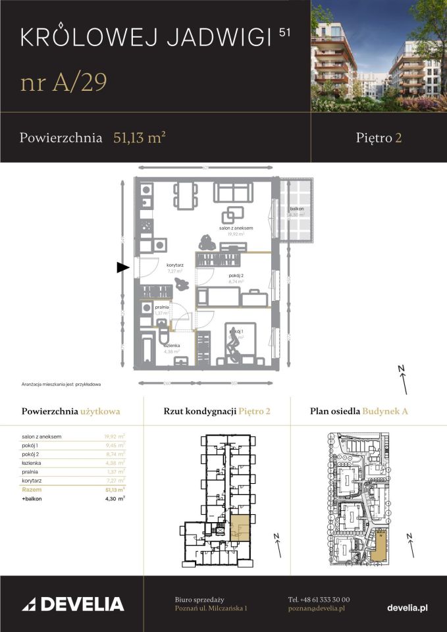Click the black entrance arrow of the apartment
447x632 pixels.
coord(122,267)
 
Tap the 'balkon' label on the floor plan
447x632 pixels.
coord(296,209)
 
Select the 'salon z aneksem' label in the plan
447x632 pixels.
coord(236,228)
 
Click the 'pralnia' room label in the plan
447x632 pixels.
coord(162,307)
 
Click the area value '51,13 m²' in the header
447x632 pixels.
coord(139,138)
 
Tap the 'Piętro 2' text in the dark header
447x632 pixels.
coord(379,138)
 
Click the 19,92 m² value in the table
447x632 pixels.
coord(115,436)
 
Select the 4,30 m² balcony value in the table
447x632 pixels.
coord(115,499)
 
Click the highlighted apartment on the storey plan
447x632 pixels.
coord(240,529)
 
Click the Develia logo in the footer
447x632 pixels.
coord(73,604)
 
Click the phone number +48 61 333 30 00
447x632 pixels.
coord(319,600)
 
